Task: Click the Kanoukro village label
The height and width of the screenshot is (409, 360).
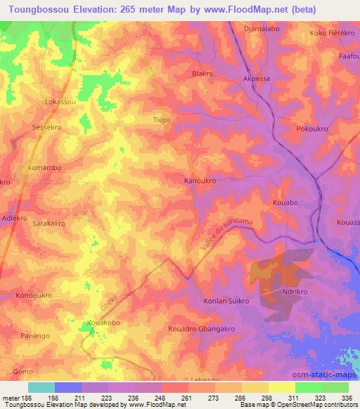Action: pyautogui.click(x=199, y=181)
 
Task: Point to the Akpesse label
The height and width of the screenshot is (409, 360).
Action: pyautogui.click(x=255, y=79)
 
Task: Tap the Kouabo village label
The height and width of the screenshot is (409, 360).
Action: pyautogui.click(x=285, y=202)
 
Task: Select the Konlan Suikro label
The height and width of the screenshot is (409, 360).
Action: pyautogui.click(x=226, y=301)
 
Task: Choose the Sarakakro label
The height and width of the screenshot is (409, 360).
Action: pyautogui.click(x=49, y=223)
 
